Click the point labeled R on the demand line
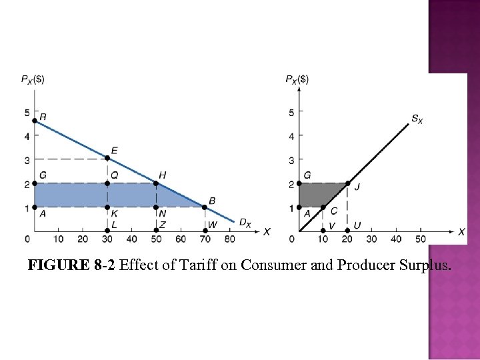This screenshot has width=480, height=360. click(35, 121)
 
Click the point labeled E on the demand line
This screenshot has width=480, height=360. click(107, 158)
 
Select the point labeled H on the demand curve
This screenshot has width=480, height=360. click(156, 183)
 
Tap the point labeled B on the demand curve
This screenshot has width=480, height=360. click(205, 207)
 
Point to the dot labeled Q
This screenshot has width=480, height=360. click(107, 183)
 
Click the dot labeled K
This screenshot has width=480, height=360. click(107, 207)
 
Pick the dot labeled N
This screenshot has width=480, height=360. click(156, 207)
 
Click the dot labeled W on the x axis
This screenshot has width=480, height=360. click(205, 231)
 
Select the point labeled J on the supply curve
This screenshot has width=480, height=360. click(347, 183)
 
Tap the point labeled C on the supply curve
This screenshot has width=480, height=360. click(323, 207)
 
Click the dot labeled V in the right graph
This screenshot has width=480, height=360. click(323, 231)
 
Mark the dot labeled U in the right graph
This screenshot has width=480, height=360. click(347, 231)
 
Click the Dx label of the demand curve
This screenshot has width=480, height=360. click(245, 223)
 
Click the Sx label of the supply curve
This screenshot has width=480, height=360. click(416, 119)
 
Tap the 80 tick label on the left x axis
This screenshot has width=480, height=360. click(229, 239)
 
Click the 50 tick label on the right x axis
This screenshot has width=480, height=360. click(420, 239)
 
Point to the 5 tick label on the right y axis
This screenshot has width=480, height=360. click(291, 112)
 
